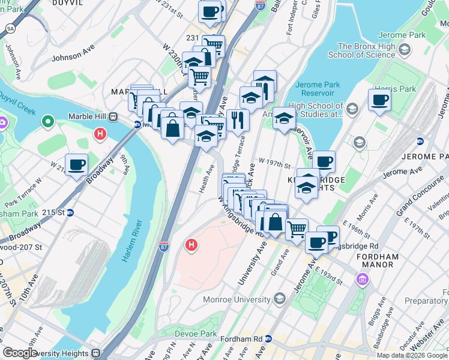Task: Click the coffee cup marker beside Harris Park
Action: tap(379, 100)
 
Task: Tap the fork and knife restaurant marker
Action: tap(238, 119)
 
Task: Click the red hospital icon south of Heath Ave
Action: tap(191, 245)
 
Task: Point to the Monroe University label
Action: tap(240, 298)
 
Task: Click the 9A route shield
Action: tap(10, 28)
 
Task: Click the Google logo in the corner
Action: tap(20, 353)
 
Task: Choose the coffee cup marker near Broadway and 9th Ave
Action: tap(76, 164)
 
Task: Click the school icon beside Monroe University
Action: tap(279, 298)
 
